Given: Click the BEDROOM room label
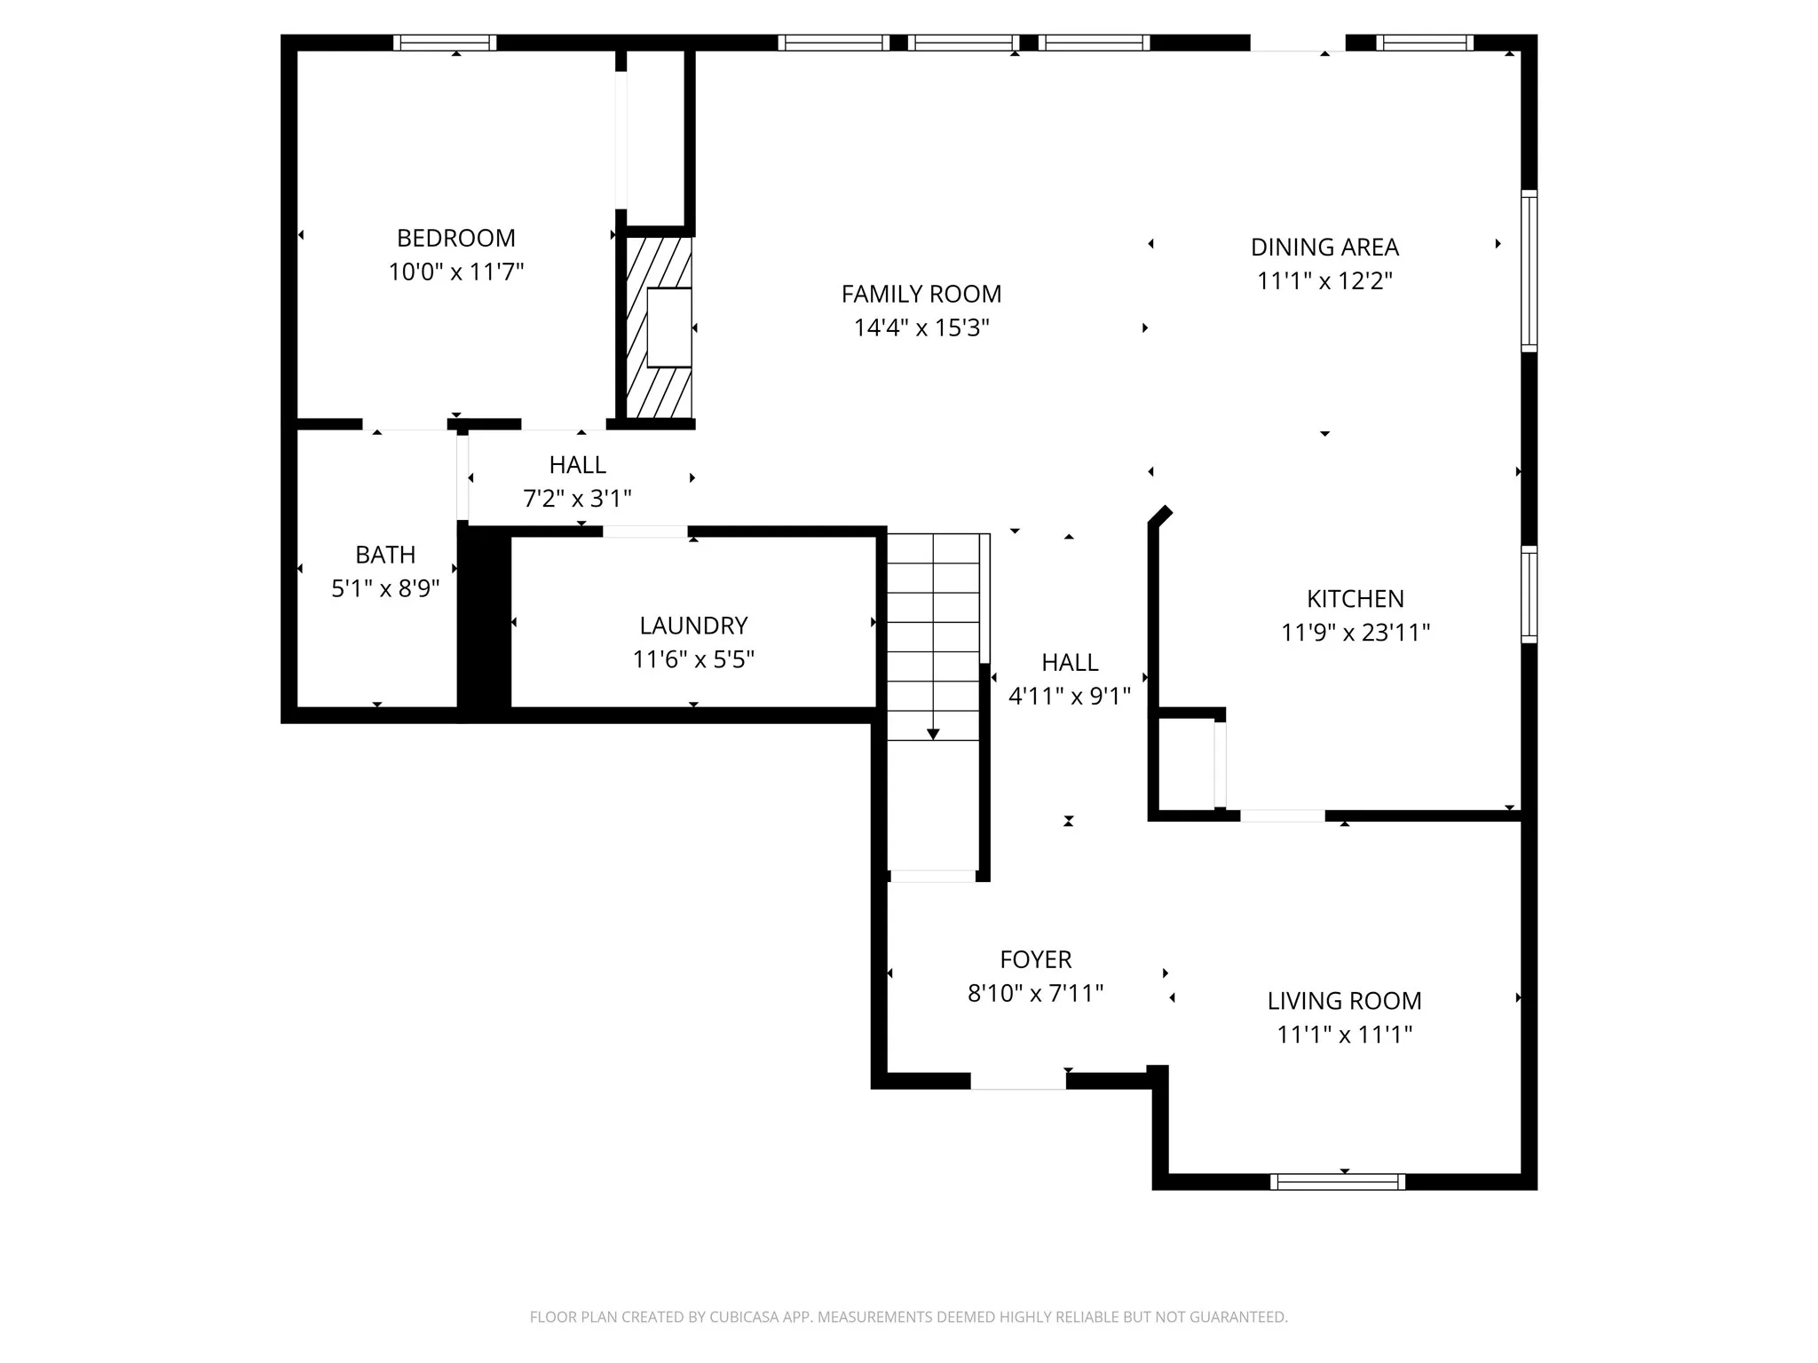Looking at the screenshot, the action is tap(456, 238).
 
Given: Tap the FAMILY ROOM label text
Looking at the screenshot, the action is tap(921, 294).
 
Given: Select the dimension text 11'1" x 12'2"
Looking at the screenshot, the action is tap(1324, 280).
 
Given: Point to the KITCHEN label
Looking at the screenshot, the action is tap(1356, 599).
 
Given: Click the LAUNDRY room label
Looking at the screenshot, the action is tap(693, 626).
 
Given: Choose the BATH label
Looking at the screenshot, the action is tap(385, 555).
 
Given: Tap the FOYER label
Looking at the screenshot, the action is tap(1036, 959).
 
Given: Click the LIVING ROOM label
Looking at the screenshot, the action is tap(1344, 1001).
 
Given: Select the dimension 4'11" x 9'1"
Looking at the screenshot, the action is tap(1070, 696).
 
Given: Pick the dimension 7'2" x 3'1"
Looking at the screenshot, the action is tap(577, 499).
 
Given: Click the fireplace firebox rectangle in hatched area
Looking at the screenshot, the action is tap(669, 327).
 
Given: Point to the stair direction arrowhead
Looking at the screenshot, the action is tap(933, 734).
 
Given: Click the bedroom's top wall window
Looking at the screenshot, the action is tap(445, 43).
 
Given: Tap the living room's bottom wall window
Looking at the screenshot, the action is tap(1338, 1181).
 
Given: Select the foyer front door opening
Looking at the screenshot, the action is tap(1018, 1081).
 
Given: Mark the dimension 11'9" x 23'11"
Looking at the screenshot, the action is tap(1356, 633).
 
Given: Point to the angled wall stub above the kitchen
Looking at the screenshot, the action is tap(1160, 516).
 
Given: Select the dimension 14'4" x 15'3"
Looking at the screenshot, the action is tap(921, 328).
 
